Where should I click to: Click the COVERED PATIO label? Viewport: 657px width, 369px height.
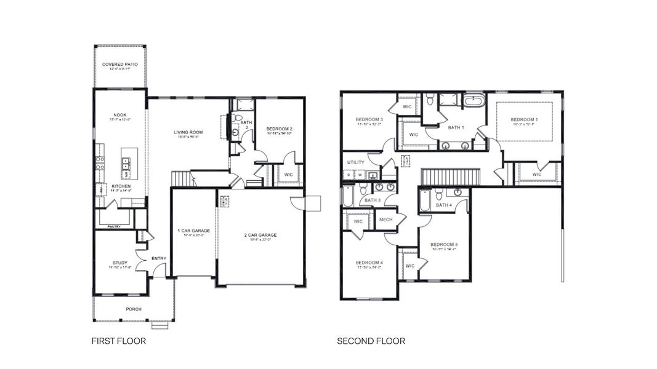pos(119,64)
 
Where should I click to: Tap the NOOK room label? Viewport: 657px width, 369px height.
pos(119,114)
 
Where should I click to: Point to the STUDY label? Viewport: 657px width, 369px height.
pos(119,263)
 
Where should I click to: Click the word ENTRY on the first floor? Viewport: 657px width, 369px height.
pos(159,258)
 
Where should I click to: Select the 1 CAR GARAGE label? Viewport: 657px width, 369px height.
pos(194,231)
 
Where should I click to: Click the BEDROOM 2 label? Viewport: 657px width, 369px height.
pos(279,129)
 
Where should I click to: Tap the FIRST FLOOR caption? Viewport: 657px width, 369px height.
pos(118,341)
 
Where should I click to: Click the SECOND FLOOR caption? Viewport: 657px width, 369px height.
pos(371,341)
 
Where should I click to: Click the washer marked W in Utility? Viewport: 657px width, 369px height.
pos(360,175)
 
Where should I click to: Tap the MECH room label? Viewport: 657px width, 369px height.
pos(385,220)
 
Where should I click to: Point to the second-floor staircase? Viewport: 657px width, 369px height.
pos(449,177)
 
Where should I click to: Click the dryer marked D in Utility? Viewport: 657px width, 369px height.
pos(350,175)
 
